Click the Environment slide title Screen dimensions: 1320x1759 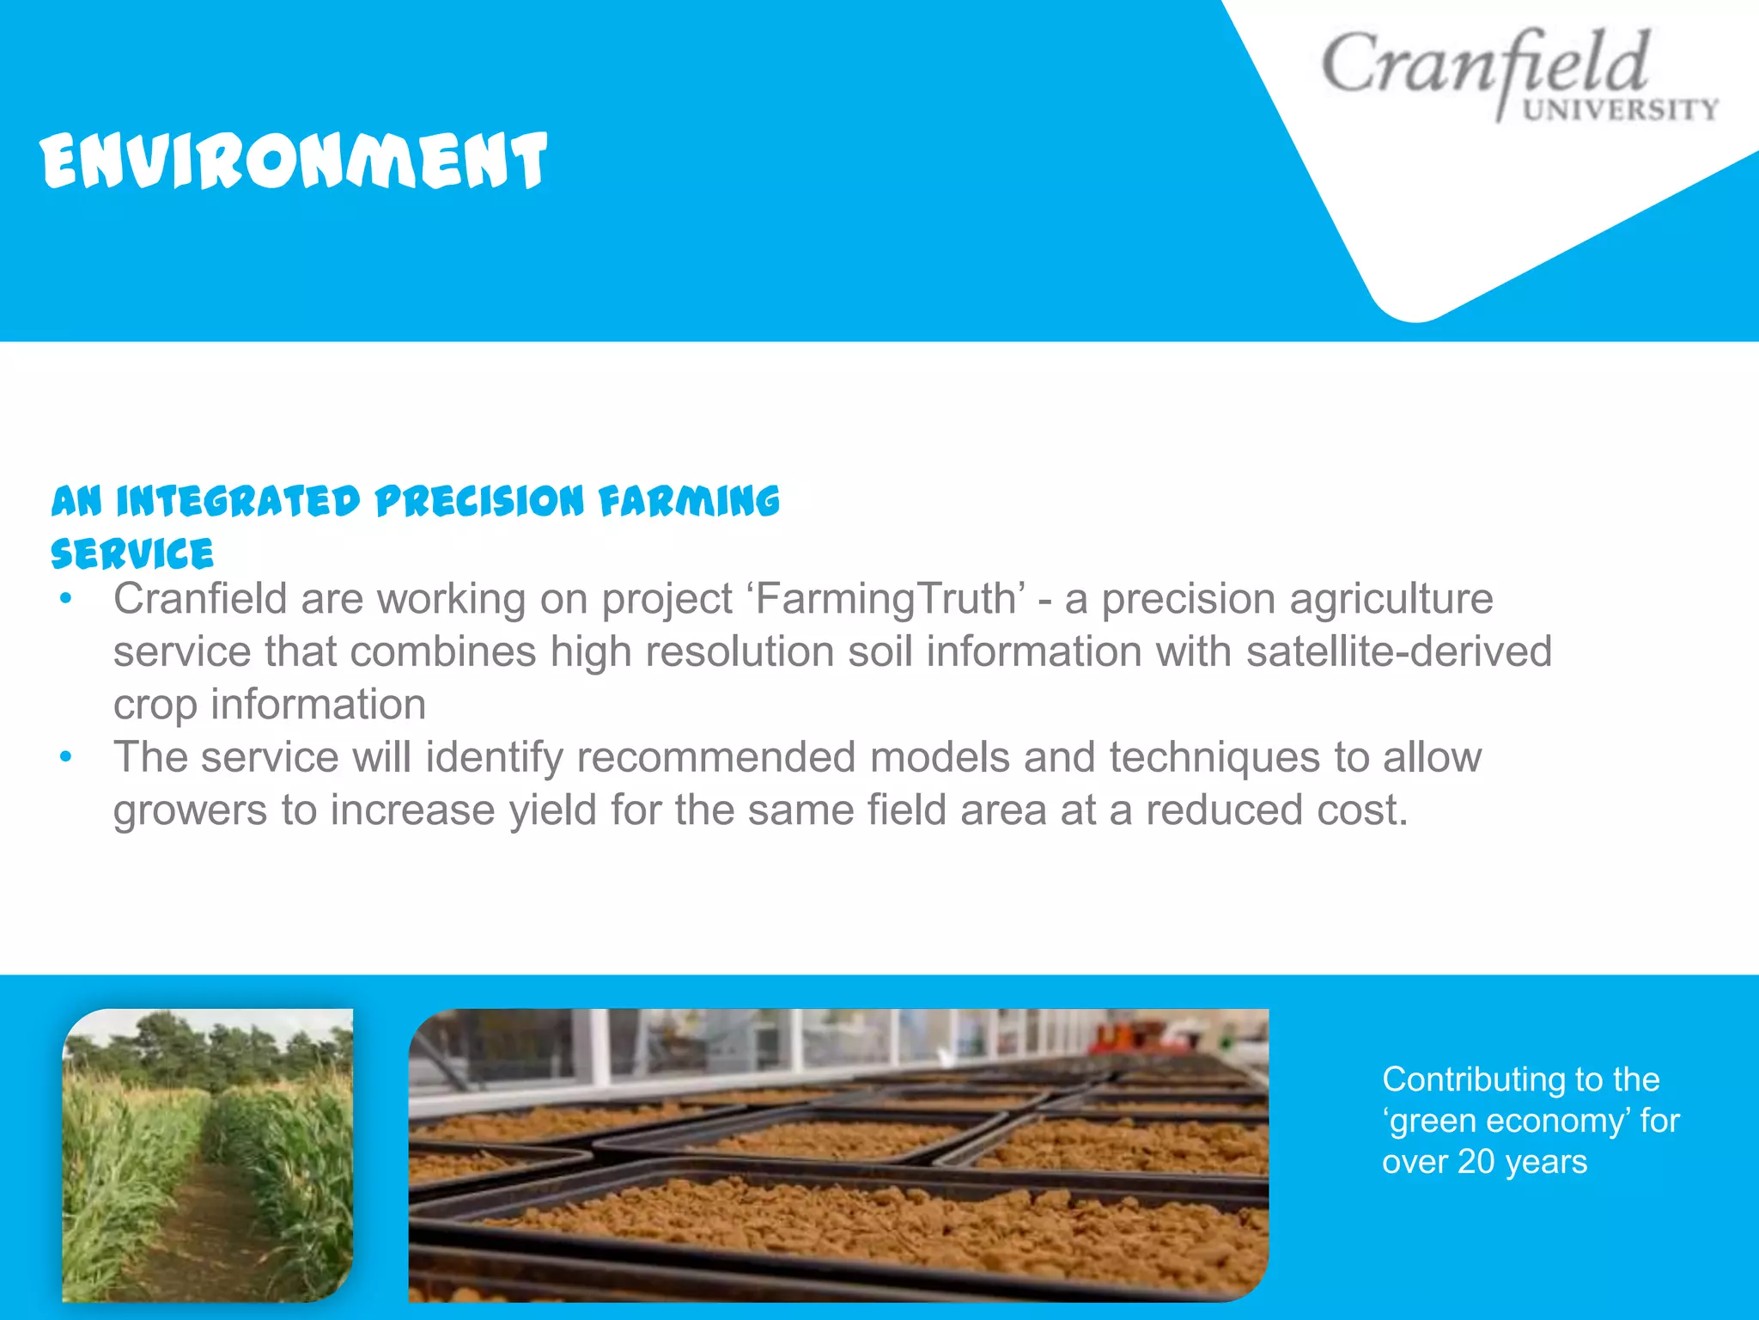click(293, 161)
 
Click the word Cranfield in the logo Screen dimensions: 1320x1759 click(1484, 65)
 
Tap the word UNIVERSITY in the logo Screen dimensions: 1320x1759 click(1620, 110)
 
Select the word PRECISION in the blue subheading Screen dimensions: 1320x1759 click(479, 502)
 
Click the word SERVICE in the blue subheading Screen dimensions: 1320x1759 click(132, 554)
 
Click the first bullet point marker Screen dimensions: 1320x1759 click(65, 599)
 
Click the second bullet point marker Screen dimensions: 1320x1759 click(65, 757)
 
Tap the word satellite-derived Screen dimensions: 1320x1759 click(1398, 651)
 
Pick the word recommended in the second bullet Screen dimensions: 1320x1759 click(716, 757)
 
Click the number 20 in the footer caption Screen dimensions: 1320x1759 click(1476, 1162)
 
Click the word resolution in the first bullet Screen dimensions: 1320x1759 click(740, 651)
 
